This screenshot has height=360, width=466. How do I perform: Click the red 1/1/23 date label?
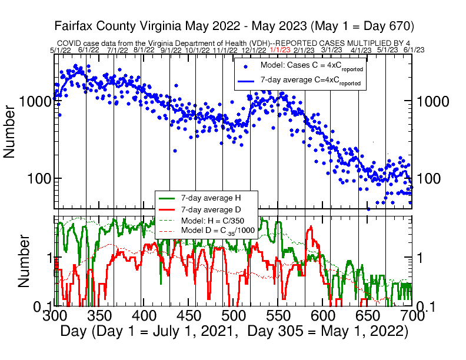tap(279, 50)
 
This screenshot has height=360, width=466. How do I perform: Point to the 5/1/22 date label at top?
tap(61, 50)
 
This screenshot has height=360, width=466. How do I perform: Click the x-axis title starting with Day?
tap(234, 332)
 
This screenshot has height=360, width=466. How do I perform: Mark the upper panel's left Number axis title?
tap(10, 131)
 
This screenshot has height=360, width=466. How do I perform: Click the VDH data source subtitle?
tap(233, 43)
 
